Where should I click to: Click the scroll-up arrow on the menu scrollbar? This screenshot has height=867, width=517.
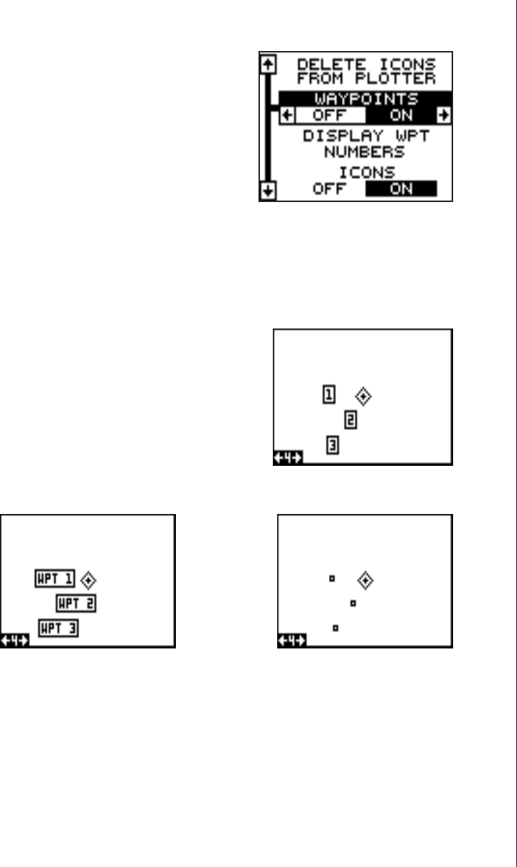(268, 64)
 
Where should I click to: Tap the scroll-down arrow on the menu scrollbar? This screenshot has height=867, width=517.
(268, 191)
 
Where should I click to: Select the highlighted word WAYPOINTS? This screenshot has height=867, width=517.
(365, 99)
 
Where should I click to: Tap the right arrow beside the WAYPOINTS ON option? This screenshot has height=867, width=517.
(444, 114)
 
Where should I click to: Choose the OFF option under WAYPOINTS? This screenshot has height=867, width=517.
(328, 114)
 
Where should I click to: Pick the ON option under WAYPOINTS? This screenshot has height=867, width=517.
(402, 114)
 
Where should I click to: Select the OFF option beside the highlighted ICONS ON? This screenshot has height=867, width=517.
(330, 190)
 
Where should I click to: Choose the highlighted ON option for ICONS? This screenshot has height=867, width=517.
(402, 190)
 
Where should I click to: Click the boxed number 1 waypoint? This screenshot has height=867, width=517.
(328, 394)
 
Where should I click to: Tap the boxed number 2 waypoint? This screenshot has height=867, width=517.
(350, 420)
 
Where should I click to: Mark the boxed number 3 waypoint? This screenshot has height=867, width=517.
(332, 446)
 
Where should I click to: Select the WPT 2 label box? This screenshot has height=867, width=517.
(76, 603)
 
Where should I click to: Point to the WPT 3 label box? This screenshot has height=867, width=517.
(59, 628)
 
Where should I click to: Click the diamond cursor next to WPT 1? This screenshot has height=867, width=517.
(89, 579)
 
